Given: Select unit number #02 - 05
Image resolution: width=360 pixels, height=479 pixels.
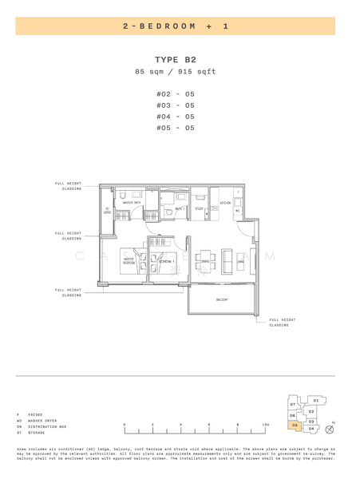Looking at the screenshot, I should (175, 93).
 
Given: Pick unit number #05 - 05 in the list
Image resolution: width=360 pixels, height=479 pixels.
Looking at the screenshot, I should (175, 128).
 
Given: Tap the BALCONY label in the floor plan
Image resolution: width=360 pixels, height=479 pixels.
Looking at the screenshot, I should (223, 300).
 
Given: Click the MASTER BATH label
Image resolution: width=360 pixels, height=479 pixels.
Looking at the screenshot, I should (132, 203).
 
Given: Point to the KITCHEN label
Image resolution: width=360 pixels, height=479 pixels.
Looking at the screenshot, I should (226, 203).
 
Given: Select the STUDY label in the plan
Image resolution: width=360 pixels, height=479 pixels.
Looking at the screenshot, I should (200, 209).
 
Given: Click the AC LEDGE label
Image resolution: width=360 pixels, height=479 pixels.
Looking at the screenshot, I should (107, 212).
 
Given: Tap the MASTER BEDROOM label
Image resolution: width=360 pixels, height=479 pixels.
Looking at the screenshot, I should (128, 260).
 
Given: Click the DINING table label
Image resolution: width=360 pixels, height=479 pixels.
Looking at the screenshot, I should (205, 261).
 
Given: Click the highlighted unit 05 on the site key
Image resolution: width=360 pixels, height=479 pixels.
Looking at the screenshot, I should (295, 426).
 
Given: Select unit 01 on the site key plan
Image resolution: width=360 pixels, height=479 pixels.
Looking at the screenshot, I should (315, 400).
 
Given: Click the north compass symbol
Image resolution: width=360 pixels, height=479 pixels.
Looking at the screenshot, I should (330, 430).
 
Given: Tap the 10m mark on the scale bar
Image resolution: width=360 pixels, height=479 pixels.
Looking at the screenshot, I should (265, 425).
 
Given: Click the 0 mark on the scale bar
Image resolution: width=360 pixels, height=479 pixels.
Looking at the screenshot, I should (125, 425).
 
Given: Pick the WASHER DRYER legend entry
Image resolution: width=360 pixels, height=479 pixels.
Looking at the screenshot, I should (38, 421).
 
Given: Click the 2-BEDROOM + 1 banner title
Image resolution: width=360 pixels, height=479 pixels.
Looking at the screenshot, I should (176, 26).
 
